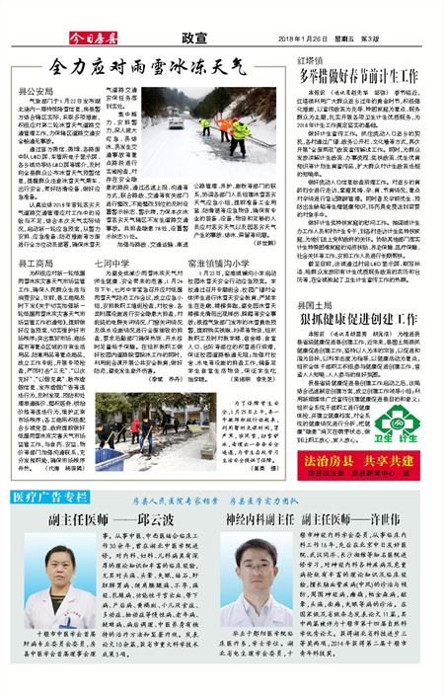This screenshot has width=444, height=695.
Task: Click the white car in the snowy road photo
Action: pos(174,123)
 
